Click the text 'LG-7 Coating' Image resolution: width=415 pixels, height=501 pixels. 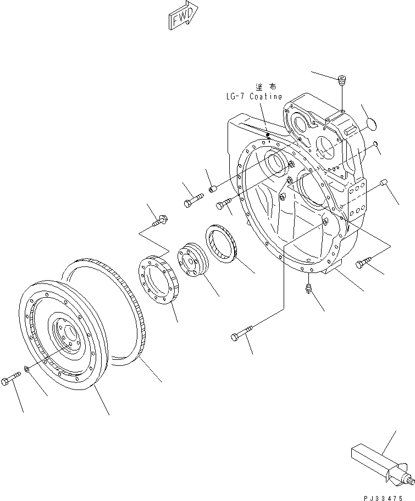[x=253, y=97]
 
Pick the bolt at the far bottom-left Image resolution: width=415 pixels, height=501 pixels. [x=11, y=380]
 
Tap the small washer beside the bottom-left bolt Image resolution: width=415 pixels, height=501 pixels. [x=28, y=371]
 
